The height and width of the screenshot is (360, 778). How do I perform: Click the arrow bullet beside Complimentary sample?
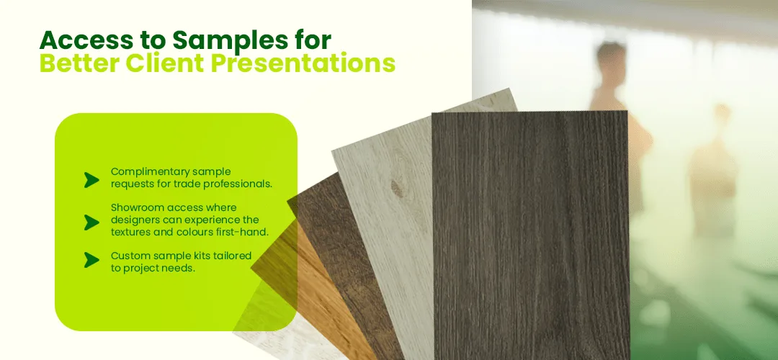(x=91, y=180)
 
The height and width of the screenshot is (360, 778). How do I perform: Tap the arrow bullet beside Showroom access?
(x=91, y=222)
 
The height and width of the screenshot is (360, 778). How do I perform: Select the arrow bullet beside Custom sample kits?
(x=91, y=260)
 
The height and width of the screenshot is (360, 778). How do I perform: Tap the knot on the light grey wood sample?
(x=396, y=189)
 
